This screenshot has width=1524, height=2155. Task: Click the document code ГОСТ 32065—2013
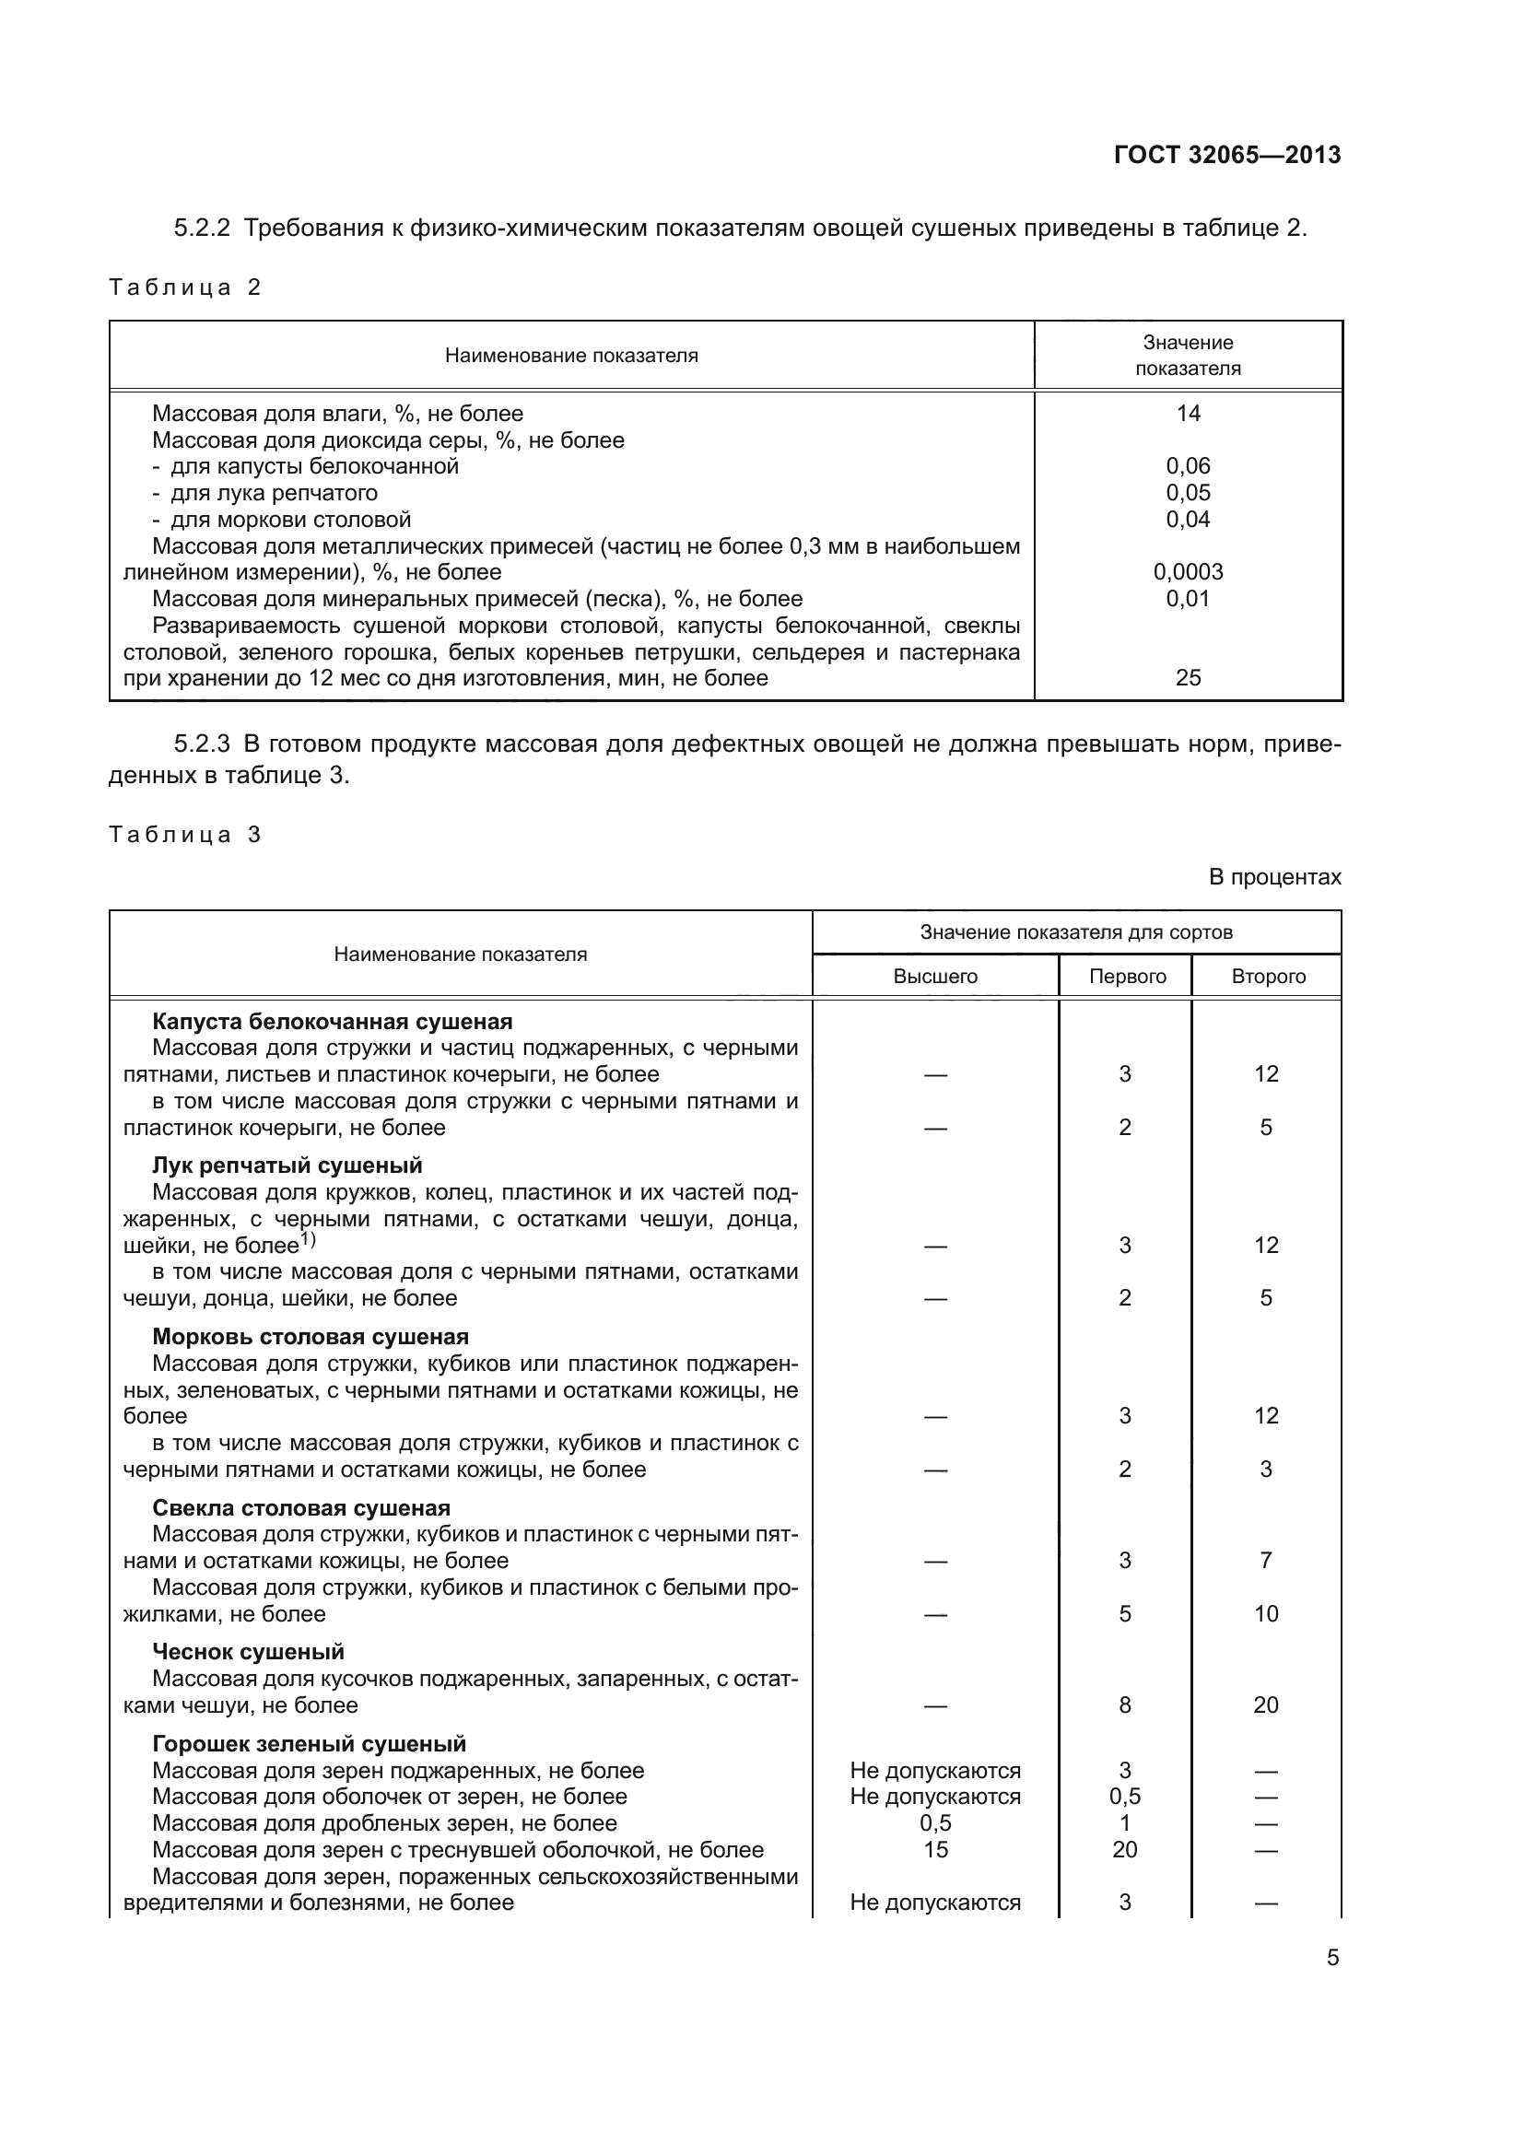(x=1226, y=155)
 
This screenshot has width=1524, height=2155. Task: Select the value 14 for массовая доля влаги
(x=1188, y=414)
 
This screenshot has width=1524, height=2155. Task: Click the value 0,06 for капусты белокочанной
(x=1188, y=466)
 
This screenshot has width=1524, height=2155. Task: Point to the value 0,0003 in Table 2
(x=1188, y=572)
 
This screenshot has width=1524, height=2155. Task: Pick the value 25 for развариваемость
(x=1188, y=678)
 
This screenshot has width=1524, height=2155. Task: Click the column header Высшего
(x=934, y=976)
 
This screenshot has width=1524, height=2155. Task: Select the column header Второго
(x=1268, y=976)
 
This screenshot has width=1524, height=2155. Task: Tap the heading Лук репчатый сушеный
(x=287, y=1165)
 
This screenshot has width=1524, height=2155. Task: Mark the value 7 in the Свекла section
(x=1266, y=1561)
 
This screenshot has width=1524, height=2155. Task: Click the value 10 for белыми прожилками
(x=1266, y=1614)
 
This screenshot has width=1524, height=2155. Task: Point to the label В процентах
(x=1274, y=878)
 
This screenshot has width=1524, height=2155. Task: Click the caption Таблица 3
(x=185, y=836)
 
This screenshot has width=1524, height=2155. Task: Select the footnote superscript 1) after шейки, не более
(x=308, y=1241)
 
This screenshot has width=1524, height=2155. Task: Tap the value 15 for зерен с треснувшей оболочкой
(x=934, y=1850)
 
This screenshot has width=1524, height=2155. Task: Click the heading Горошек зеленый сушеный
(x=309, y=1744)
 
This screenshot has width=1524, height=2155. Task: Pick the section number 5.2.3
(x=202, y=744)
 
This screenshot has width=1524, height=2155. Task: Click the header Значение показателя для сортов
(x=1075, y=932)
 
